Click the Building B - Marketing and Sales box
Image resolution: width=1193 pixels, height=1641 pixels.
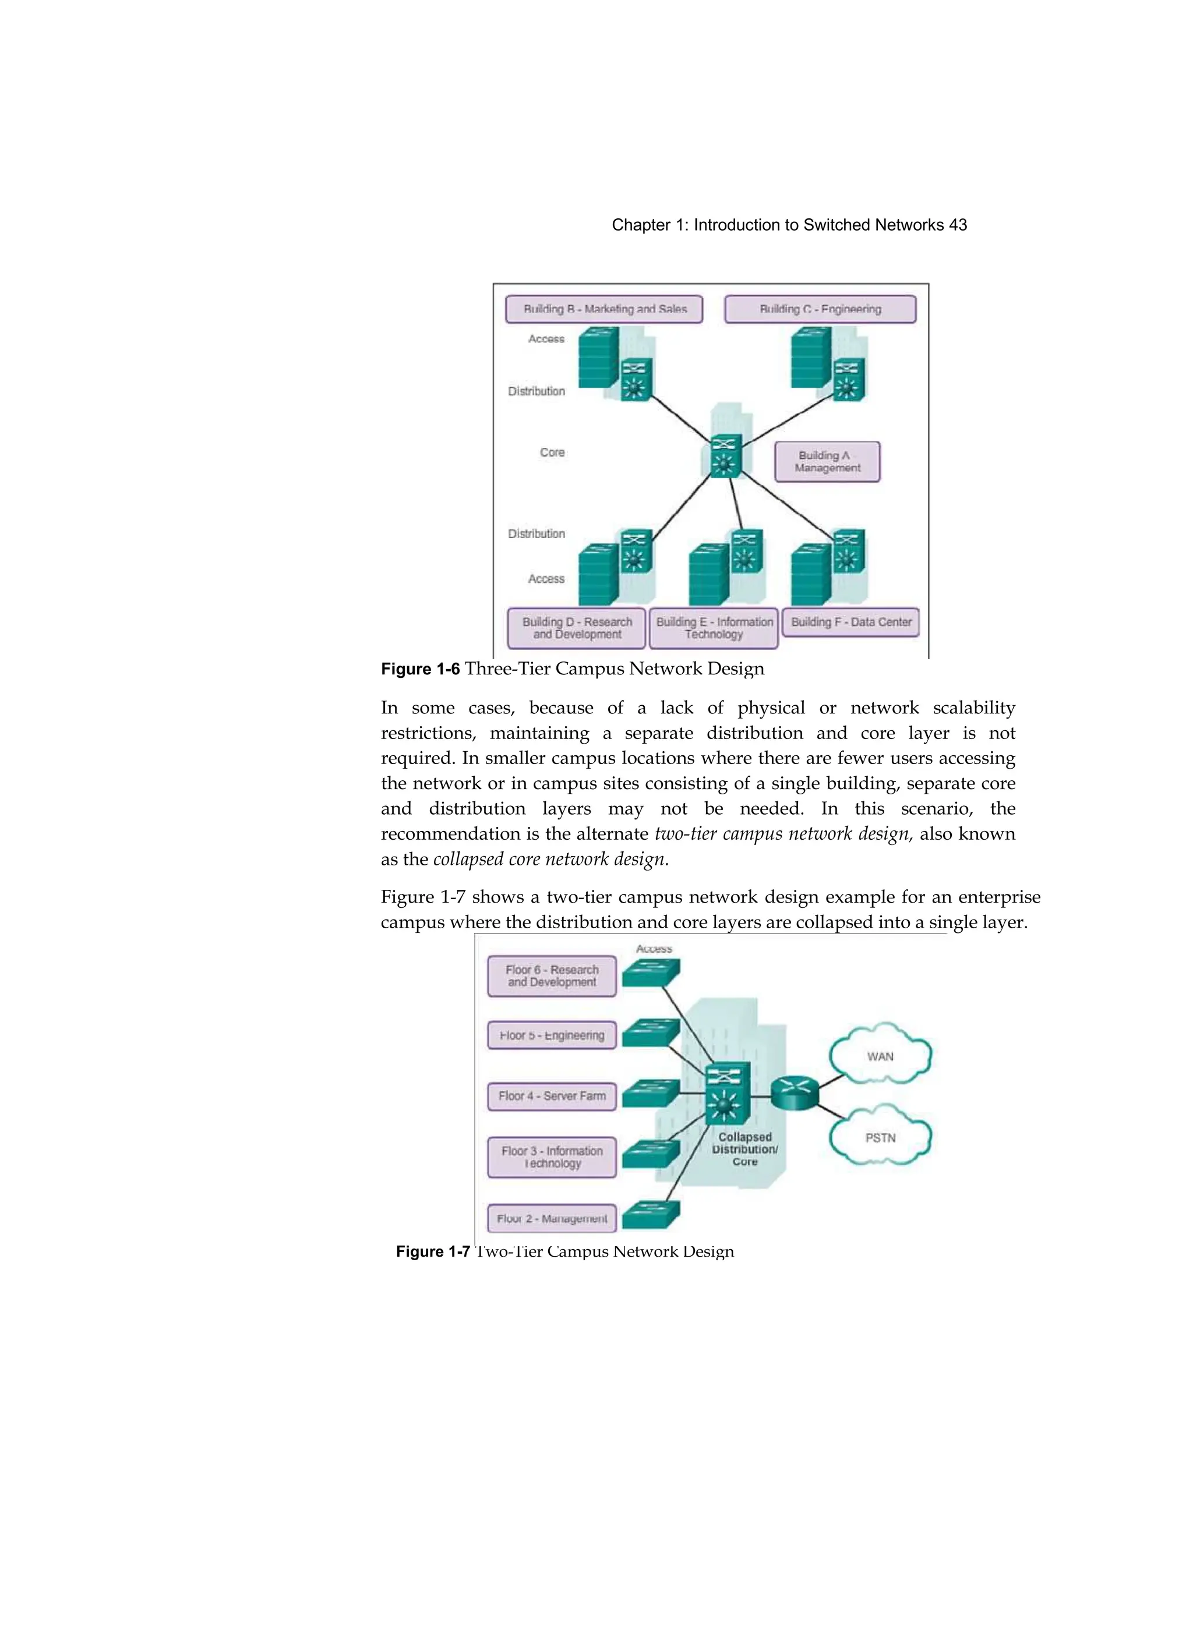click(x=603, y=309)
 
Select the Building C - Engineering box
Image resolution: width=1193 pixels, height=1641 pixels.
click(x=820, y=309)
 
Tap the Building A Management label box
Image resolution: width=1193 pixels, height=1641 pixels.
click(x=827, y=462)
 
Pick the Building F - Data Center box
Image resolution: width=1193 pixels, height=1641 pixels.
click(x=850, y=623)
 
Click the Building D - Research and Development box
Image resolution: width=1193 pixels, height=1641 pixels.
click(x=576, y=628)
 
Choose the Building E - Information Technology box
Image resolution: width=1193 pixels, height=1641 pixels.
click(x=714, y=628)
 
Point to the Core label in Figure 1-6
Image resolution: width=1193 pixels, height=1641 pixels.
click(x=552, y=452)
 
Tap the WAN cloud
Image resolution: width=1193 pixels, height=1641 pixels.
click(x=880, y=1056)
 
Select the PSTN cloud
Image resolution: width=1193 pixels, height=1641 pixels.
click(x=880, y=1137)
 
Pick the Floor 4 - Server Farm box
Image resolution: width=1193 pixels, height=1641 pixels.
click(x=552, y=1096)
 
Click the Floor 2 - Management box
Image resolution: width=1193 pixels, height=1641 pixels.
click(x=552, y=1218)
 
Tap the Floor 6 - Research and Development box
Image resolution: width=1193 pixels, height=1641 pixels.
click(x=552, y=976)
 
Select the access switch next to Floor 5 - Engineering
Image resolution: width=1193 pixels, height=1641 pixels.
click(x=651, y=1032)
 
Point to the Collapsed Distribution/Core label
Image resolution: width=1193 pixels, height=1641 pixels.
click(x=745, y=1149)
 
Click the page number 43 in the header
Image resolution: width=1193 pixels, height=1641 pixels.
click(x=958, y=225)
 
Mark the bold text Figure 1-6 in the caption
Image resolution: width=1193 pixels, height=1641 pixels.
click(x=420, y=669)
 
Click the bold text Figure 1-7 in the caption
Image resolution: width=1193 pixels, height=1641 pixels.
click(x=432, y=1252)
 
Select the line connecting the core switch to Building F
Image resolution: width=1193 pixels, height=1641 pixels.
click(x=788, y=507)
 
